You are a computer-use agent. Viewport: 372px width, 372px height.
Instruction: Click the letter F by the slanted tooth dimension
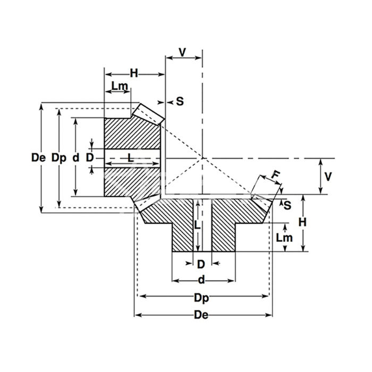pyautogui.click(x=275, y=175)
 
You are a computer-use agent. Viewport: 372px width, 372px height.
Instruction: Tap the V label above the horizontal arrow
pyautogui.click(x=182, y=52)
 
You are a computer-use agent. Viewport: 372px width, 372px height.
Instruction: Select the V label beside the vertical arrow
pyautogui.click(x=328, y=176)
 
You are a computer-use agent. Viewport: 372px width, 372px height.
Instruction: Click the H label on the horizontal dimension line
pyautogui.click(x=134, y=73)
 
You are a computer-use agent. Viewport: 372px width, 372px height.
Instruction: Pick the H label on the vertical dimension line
pyautogui.click(x=302, y=222)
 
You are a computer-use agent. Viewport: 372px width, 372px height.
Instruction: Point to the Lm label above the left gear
pyautogui.click(x=120, y=86)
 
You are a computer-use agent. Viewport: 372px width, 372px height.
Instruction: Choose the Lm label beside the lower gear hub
pyautogui.click(x=284, y=238)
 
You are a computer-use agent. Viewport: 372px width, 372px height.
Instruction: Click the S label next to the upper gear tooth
pyautogui.click(x=180, y=102)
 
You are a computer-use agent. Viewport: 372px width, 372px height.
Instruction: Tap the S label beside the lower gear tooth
pyautogui.click(x=288, y=205)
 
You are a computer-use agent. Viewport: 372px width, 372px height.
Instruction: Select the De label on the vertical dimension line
pyautogui.click(x=38, y=157)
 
